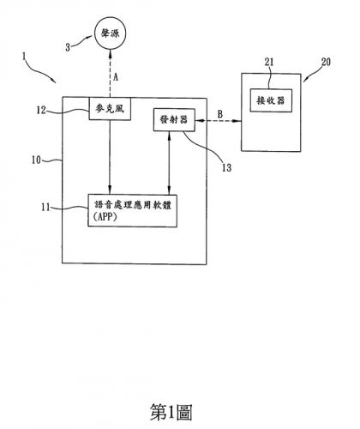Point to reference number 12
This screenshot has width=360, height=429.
41,110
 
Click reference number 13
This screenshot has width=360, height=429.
226,168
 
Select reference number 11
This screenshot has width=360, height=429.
45,207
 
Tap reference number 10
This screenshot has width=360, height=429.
37,160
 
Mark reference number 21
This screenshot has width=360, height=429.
269,62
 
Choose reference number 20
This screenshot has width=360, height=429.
326,62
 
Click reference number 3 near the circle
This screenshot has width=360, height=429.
68,47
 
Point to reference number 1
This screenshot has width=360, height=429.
24,57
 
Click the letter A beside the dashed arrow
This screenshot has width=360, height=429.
116,77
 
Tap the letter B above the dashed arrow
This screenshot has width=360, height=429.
220,114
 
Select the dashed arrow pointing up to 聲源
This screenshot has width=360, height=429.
110,74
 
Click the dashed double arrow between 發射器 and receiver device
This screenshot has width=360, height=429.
219,121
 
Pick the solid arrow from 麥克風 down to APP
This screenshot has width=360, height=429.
110,157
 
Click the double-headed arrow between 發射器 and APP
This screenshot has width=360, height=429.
170,163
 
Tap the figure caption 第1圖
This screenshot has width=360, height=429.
171,412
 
